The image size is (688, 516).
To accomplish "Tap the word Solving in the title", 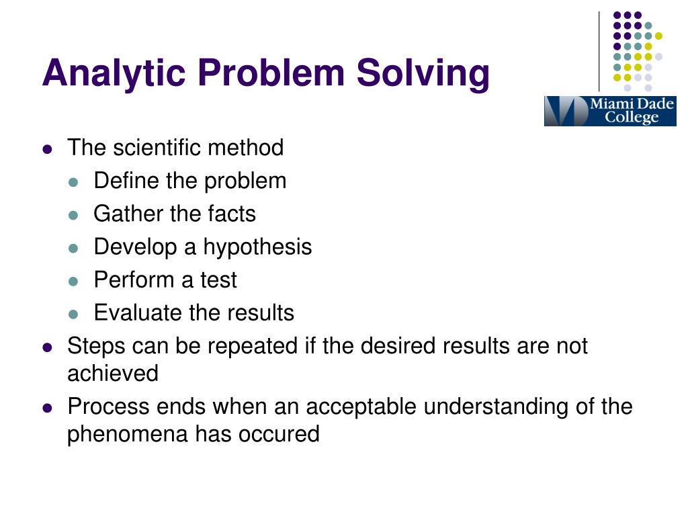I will pos(423,73).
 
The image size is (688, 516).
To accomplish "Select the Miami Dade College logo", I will pos(609,111).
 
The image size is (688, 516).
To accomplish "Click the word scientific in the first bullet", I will pos(156,147).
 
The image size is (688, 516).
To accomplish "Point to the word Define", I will pos(123,180).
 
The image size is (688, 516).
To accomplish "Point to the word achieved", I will pos(113,373).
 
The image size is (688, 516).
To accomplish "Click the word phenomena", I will pos(128,434).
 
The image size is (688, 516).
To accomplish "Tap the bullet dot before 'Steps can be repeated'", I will pos(47,347).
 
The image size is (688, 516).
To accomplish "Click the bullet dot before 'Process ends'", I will pos(47,408).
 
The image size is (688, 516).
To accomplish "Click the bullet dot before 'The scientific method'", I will pos(47,148).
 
